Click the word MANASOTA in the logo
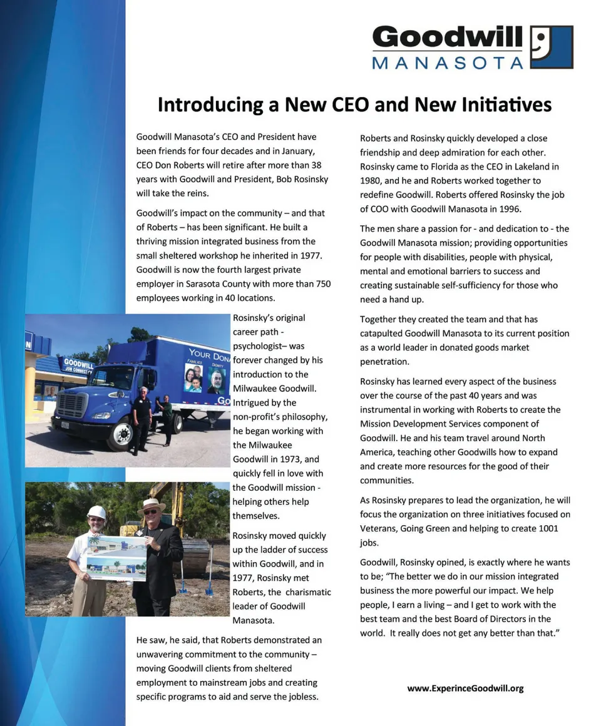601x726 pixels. point(447,62)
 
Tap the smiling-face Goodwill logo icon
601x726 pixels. point(551,47)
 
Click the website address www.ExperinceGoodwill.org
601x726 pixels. point(465,688)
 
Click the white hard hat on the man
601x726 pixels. point(96,512)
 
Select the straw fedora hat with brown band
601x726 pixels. point(151,504)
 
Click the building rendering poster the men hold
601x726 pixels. point(116,557)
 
